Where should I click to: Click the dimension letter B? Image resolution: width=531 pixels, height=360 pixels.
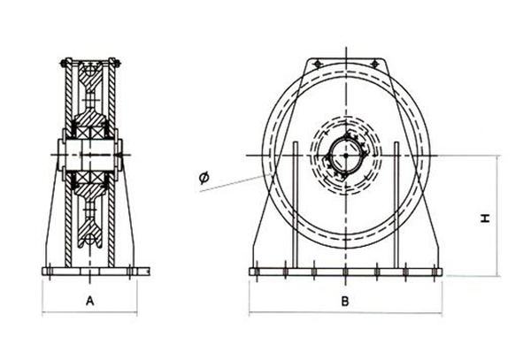346,301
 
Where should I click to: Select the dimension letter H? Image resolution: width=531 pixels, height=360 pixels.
486,217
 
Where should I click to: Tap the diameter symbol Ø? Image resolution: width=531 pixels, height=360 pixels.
204,179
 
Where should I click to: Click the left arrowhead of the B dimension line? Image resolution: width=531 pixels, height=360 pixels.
251,312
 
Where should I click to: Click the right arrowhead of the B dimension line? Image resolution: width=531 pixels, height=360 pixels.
442,312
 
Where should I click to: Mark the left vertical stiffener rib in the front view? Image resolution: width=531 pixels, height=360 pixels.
294,203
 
